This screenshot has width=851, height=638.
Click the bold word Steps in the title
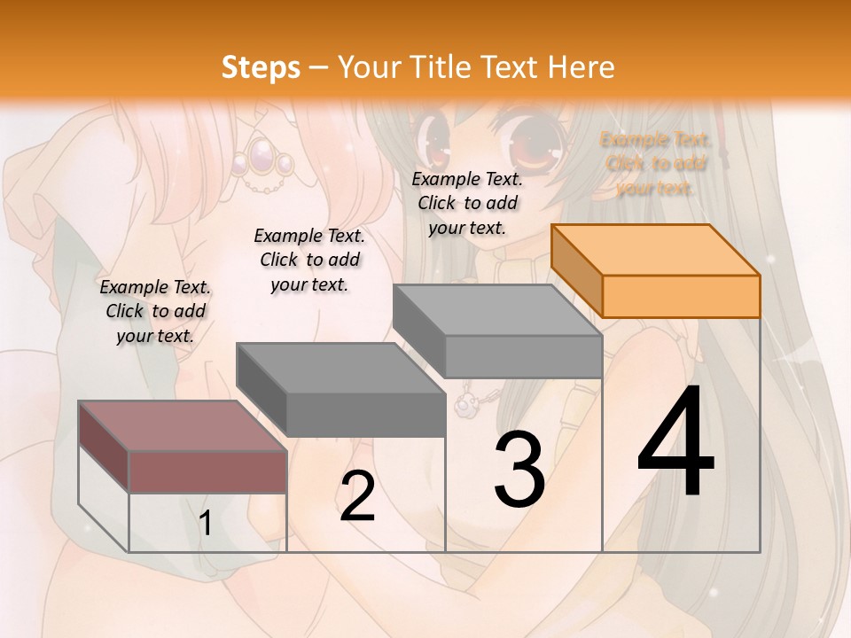click(261, 67)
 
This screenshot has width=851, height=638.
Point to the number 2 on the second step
click(357, 496)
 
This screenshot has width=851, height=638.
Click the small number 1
click(205, 524)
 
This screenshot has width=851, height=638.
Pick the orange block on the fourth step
click(656, 270)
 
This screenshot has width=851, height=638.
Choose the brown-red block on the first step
click(183, 447)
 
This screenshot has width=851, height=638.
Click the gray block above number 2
click(340, 390)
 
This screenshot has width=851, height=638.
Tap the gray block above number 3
click(497, 331)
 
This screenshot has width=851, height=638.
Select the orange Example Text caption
click(656, 164)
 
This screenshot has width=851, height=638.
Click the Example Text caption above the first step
click(155, 311)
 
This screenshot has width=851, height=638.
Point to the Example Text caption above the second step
click(309, 260)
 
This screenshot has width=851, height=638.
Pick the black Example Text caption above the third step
click(467, 203)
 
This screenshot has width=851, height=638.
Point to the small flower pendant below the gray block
click(465, 405)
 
